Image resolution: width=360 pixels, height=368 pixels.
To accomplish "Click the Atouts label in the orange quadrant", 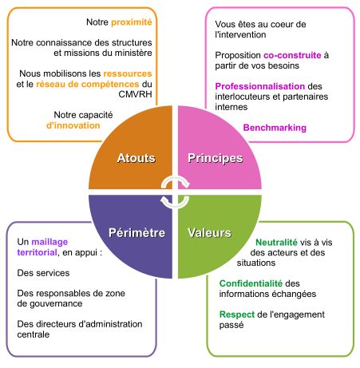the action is (x=136, y=158).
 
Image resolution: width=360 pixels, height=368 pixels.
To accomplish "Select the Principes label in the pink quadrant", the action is (x=216, y=158).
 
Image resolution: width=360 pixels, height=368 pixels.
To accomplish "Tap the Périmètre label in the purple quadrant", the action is (x=136, y=233).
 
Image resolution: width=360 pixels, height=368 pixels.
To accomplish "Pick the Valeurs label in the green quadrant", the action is (x=209, y=233).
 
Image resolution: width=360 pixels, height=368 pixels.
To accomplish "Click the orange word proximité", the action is (x=132, y=22).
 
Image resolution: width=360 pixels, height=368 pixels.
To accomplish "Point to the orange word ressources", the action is (x=128, y=73).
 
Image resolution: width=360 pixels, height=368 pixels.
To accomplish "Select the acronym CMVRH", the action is (x=135, y=94).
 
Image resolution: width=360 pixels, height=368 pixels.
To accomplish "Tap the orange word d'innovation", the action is (x=73, y=125).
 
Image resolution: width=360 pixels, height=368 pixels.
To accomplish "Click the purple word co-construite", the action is (x=292, y=55).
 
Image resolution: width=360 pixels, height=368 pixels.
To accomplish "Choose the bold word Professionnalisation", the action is (x=260, y=86).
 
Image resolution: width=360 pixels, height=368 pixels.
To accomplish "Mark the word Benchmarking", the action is (x=275, y=128).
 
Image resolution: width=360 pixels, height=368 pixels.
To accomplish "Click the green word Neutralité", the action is (x=276, y=243).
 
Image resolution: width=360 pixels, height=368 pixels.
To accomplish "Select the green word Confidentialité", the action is (x=251, y=283).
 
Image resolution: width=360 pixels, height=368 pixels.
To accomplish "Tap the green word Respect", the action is (x=237, y=315).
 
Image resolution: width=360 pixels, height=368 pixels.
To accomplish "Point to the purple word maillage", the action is (x=49, y=242).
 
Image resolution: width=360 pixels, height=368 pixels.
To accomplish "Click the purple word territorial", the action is (x=37, y=252).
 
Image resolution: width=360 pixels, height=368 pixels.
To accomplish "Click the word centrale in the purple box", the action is (x=34, y=334).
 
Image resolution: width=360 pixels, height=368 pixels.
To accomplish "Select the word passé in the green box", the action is (x=231, y=325).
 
